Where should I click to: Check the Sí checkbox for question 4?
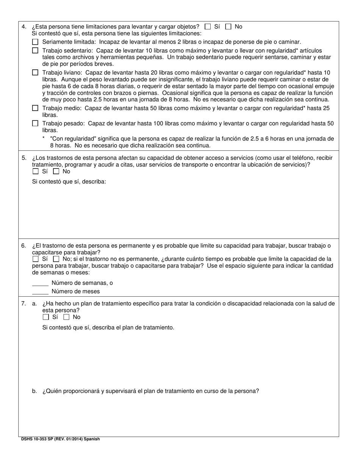coord(208,27)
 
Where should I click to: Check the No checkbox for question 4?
coord(228,27)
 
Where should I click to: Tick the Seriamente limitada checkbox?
coord(35,42)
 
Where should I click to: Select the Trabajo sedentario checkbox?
coord(35,50)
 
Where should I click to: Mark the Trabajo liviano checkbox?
coord(35,72)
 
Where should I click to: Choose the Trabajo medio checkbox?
coord(35,108)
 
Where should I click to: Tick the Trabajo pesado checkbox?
coord(35,123)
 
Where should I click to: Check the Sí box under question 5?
coord(36,171)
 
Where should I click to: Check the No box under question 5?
coord(56,171)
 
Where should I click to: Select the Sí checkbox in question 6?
coord(36,259)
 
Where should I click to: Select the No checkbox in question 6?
coord(56,259)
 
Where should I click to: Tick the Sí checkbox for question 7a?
coord(46,317)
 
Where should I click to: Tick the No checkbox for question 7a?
coord(66,317)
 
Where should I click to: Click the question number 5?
coord(23,158)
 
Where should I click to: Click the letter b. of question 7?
coord(34,391)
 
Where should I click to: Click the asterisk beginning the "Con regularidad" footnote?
coord(44,138)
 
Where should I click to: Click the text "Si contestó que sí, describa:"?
coord(69,181)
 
